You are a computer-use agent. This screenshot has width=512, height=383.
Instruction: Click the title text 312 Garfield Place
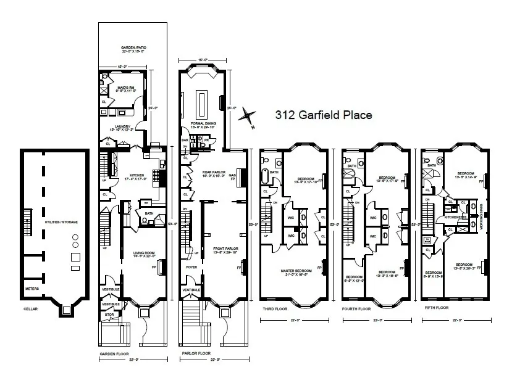click(323, 115)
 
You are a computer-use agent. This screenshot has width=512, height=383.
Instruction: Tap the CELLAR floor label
click(31, 309)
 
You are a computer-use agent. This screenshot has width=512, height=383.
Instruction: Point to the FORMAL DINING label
click(203, 125)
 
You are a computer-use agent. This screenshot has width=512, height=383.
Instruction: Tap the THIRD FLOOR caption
click(274, 308)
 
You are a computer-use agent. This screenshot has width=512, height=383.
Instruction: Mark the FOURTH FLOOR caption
click(356, 308)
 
